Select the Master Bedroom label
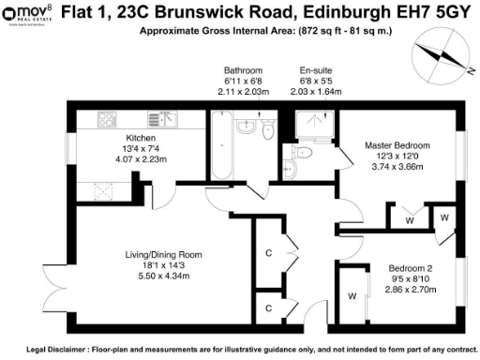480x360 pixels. click(397, 146)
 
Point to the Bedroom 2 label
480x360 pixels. click(409, 269)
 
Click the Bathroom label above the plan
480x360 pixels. click(243, 71)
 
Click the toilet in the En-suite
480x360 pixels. click(291, 168)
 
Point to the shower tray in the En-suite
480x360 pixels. click(311, 124)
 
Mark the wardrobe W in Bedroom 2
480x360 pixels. click(352, 296)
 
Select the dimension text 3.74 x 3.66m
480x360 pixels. click(397, 168)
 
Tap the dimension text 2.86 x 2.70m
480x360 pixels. click(409, 291)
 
